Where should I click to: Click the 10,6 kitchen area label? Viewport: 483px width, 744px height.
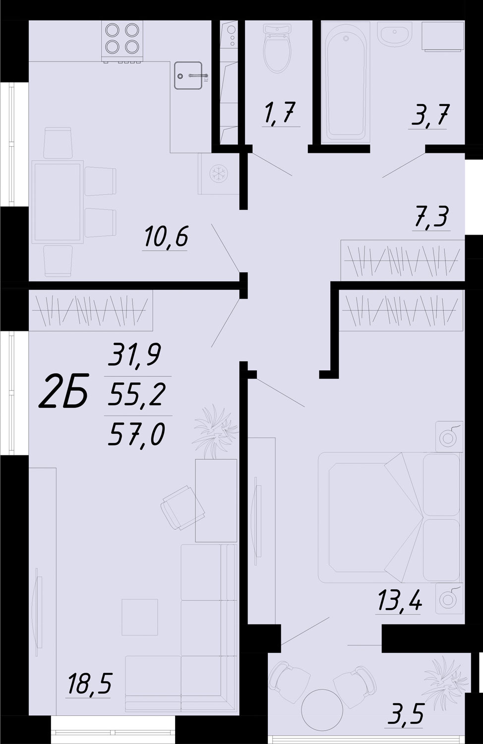[x=166, y=236]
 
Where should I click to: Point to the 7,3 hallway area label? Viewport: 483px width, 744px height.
[x=431, y=217]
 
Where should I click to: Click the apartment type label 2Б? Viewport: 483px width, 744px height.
[x=64, y=390]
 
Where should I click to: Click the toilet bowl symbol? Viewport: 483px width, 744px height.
[x=277, y=49]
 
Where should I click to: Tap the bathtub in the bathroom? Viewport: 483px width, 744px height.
[x=346, y=82]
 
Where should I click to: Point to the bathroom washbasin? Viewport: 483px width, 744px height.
[x=395, y=34]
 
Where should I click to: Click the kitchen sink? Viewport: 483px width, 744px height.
[x=188, y=75]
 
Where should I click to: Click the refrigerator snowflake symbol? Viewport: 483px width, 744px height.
[x=219, y=174]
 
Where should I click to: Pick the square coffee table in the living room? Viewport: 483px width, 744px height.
[x=140, y=617]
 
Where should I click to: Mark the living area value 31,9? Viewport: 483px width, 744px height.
[x=134, y=354]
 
